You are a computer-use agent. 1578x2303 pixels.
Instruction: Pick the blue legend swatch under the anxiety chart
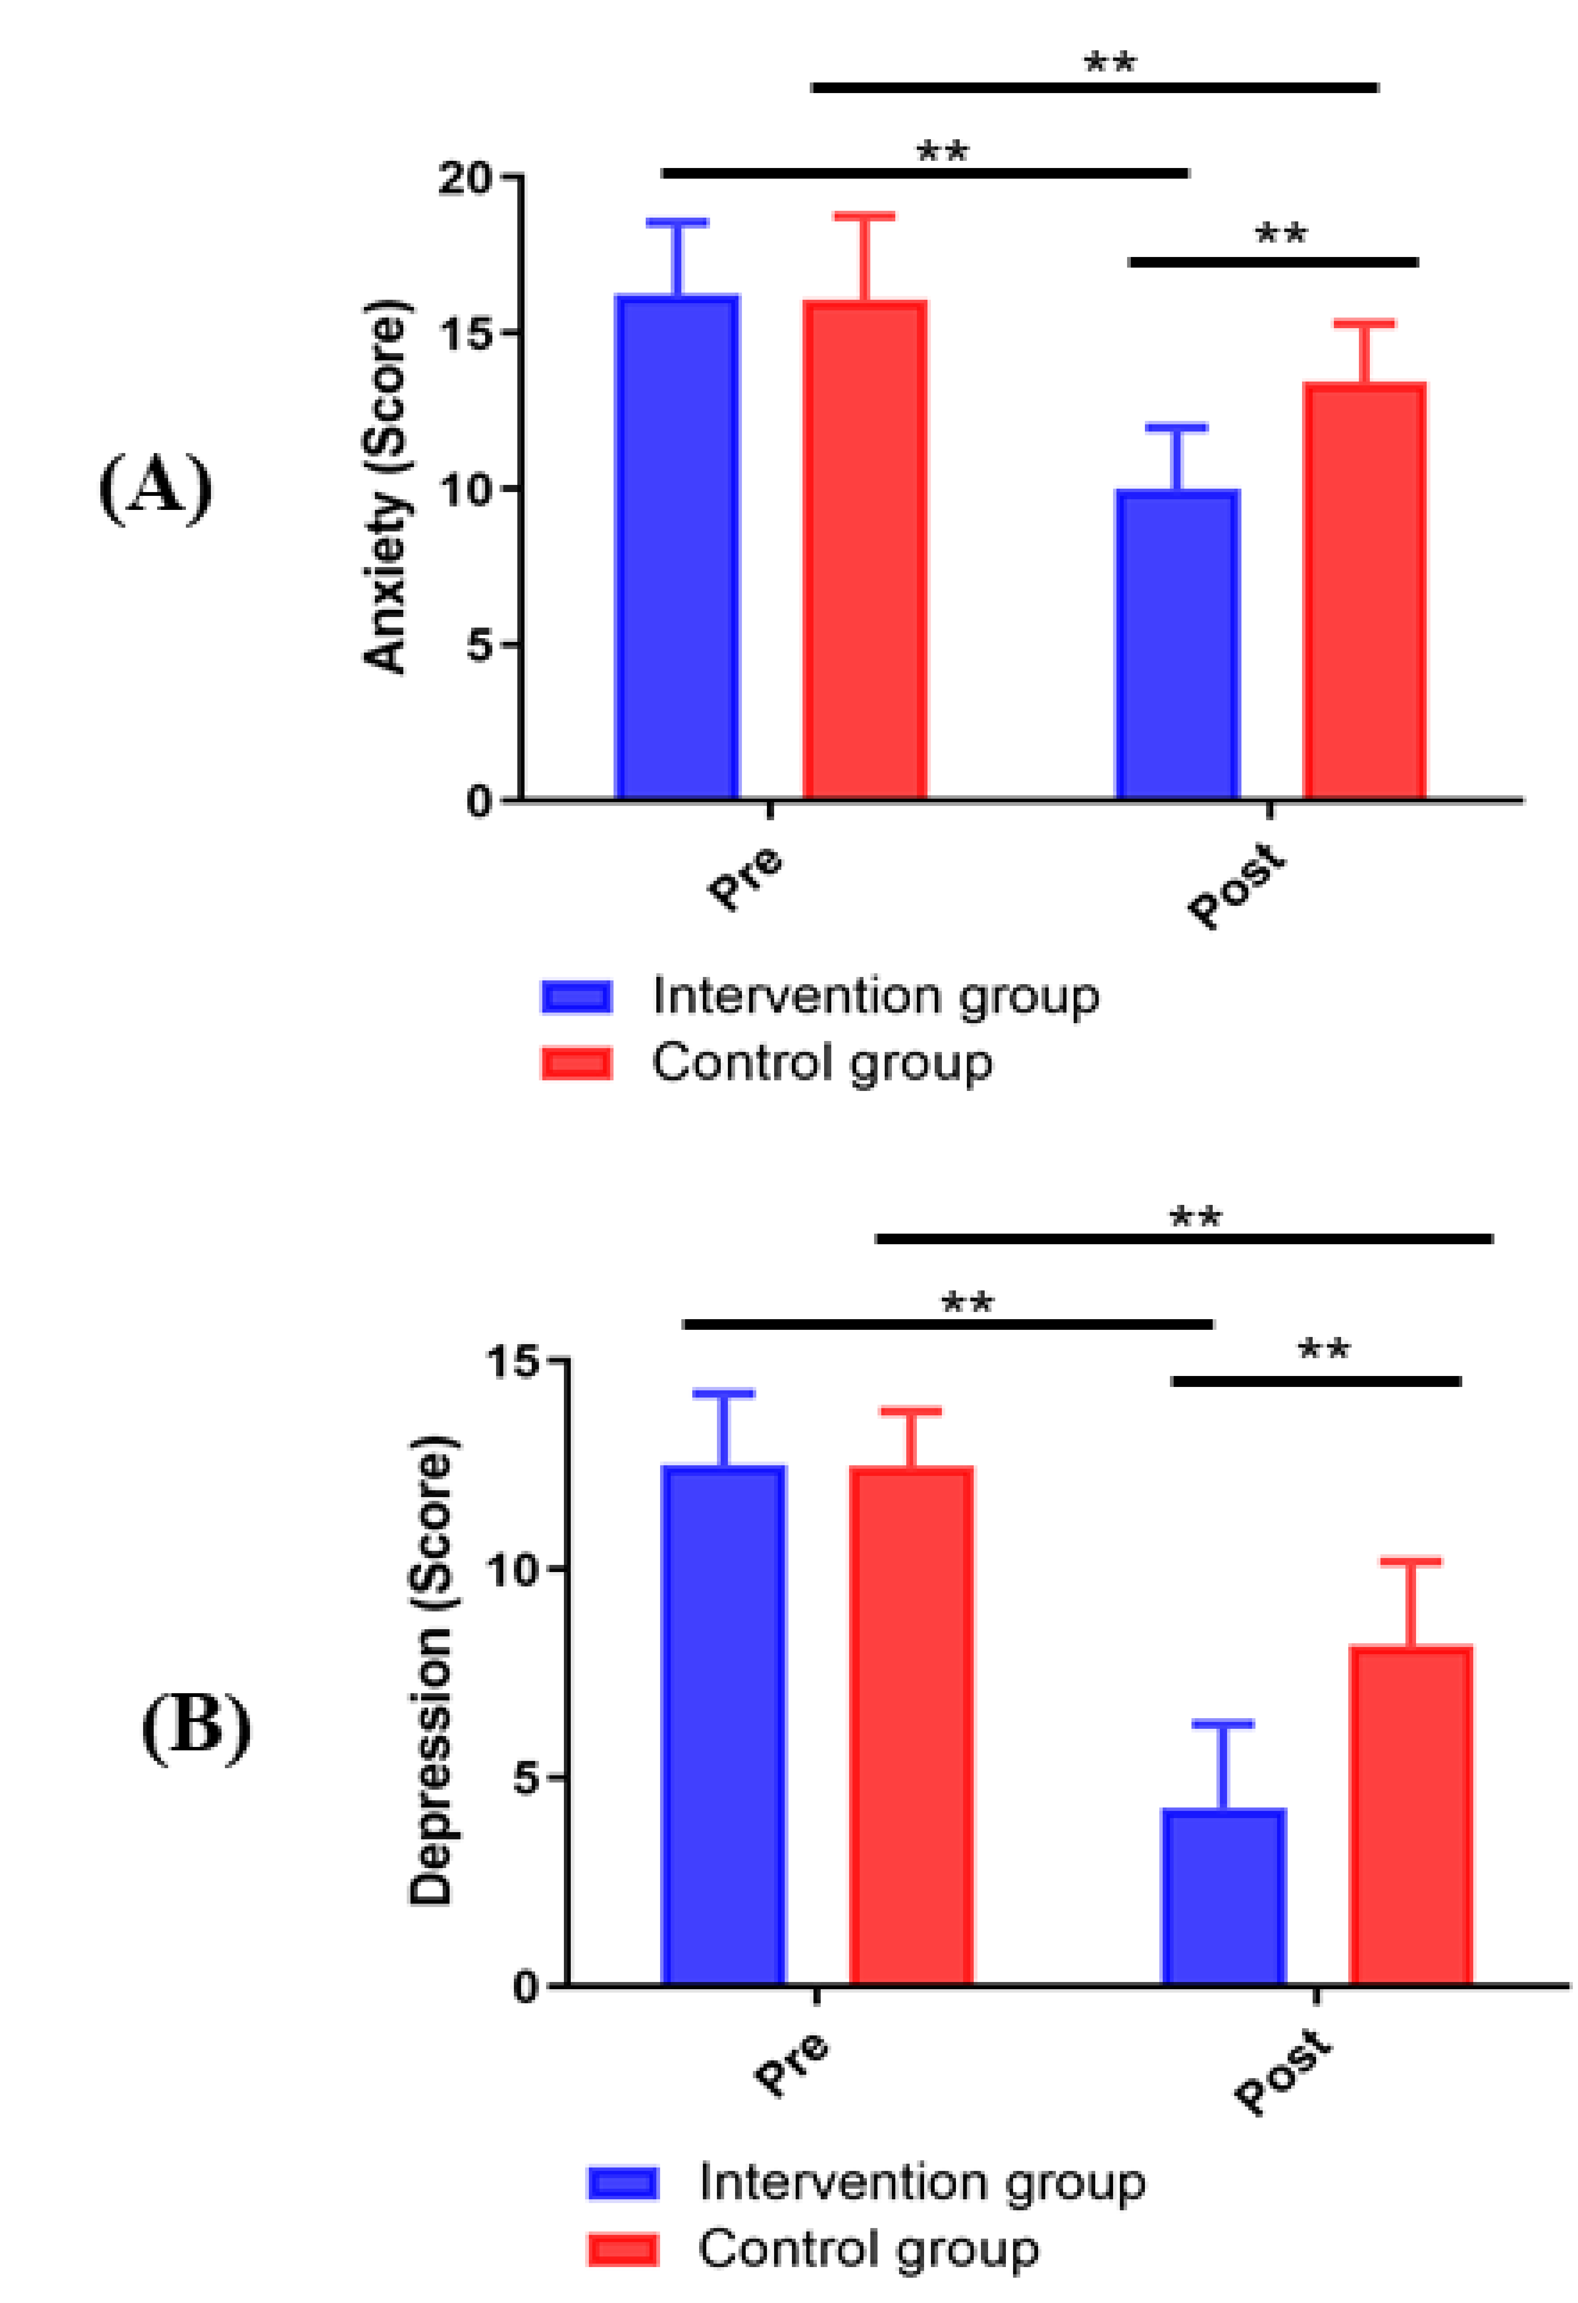click(576, 996)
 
